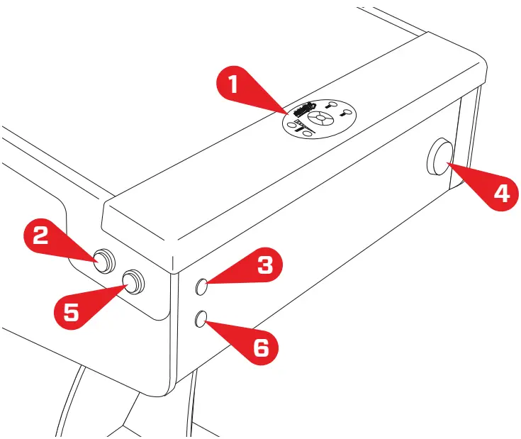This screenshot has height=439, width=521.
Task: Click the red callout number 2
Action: [x=42, y=234]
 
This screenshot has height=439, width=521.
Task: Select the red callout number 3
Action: [x=264, y=266]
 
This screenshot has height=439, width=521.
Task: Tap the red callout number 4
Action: [x=501, y=193]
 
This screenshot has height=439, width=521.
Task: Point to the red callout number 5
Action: [x=72, y=311]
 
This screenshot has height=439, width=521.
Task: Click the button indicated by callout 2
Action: [x=105, y=260]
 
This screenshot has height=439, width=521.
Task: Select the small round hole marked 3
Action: [x=202, y=287]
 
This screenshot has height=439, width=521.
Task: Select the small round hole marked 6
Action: [x=201, y=318]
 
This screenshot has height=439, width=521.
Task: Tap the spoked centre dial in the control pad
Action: [x=320, y=118]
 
